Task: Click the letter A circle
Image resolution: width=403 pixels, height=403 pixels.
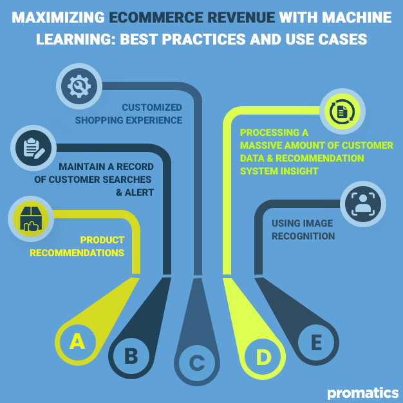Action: pos(77,341)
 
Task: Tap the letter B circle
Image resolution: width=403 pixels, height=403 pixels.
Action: pos(131,355)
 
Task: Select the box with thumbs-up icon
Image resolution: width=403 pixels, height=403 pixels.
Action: pos(30,220)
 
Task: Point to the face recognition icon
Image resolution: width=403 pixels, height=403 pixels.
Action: pos(363,203)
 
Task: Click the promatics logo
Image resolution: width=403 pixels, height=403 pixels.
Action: pos(362,391)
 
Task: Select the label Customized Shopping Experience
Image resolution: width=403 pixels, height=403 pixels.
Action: pos(128,114)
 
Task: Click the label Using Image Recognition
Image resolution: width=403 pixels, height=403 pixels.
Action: pos(303,230)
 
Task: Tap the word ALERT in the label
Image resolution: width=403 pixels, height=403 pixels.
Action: pos(139,192)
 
